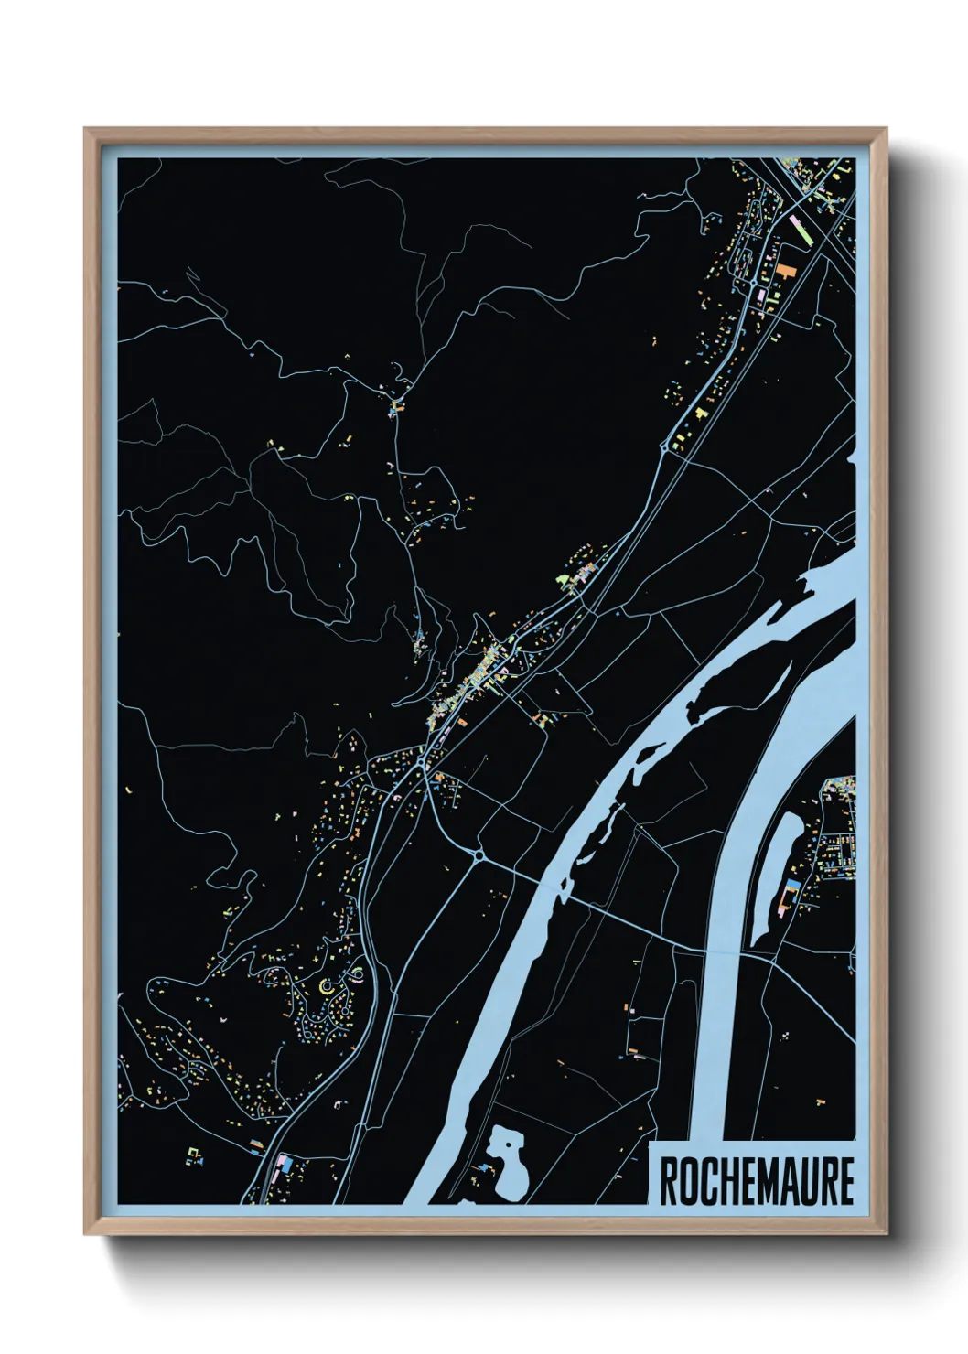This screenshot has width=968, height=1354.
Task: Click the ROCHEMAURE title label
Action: (x=756, y=1181)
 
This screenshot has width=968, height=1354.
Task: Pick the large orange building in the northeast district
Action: (x=785, y=274)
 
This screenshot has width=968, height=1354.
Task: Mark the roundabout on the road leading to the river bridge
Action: (x=479, y=854)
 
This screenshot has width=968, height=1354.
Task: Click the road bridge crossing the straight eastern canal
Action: (x=737, y=953)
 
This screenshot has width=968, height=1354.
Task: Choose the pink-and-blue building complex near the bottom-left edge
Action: (x=283, y=1165)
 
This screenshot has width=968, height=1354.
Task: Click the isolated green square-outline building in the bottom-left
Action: (x=193, y=1153)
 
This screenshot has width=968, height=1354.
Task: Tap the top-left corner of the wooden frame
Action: (x=86, y=130)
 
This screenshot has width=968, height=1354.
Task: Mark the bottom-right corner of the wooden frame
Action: (x=885, y=1233)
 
